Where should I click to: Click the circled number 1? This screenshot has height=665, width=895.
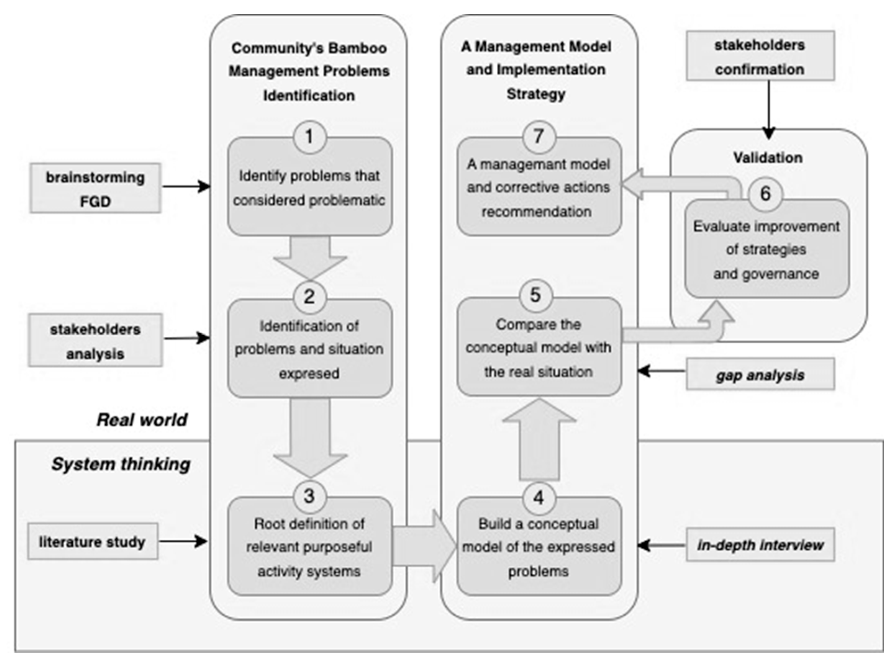(x=309, y=137)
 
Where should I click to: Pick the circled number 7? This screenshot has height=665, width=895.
(x=538, y=137)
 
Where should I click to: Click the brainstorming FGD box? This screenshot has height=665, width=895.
(x=95, y=188)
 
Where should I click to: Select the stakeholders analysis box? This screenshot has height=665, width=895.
(x=95, y=341)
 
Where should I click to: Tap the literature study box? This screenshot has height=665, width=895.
(x=93, y=542)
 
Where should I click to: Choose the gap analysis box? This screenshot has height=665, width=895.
(x=760, y=374)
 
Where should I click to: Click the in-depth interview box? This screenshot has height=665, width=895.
(x=760, y=545)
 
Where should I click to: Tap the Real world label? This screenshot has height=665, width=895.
(x=142, y=420)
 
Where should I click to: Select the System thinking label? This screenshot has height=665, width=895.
(x=121, y=464)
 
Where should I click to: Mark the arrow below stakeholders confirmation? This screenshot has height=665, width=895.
(x=769, y=109)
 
